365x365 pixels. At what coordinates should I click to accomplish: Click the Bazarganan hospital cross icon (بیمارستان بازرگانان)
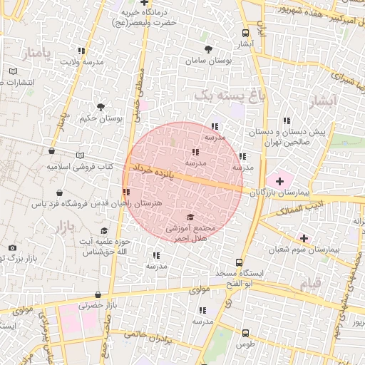(279, 181)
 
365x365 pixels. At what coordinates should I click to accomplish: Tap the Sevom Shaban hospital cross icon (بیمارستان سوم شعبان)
(304, 237)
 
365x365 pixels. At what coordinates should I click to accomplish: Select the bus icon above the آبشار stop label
(246, 33)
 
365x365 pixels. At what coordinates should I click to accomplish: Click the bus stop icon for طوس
(246, 332)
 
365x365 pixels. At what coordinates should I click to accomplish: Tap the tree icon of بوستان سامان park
(208, 49)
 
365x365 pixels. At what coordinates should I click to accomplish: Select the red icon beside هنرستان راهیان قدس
(126, 192)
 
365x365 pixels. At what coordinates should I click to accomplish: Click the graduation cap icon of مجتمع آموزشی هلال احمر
(190, 217)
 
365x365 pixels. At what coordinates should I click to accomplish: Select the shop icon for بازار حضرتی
(98, 294)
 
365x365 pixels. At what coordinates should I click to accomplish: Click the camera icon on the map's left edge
(12, 248)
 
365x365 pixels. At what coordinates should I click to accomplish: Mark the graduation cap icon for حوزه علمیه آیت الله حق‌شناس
(104, 231)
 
